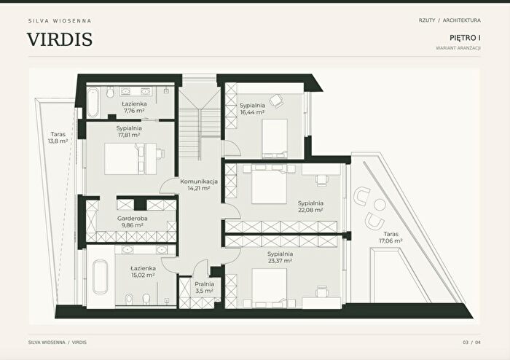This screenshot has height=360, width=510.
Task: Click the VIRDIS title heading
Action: [60, 39]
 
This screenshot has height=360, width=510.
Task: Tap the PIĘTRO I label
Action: [465, 38]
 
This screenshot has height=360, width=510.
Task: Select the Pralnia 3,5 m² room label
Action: [204, 287]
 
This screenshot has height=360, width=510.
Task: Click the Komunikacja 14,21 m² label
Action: [199, 184]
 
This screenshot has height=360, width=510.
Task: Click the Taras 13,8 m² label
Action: [58, 138]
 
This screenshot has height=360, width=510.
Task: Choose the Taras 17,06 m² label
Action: [391, 238]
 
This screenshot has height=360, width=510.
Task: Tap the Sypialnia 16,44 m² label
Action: [252, 109]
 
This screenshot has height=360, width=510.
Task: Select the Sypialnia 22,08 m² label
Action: [310, 206]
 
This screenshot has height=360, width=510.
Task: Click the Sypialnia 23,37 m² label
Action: [280, 257]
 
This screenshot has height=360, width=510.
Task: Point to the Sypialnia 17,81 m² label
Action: [129, 131]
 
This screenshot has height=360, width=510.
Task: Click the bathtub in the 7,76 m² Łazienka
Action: [93, 103]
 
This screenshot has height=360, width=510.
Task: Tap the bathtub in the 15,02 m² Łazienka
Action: [101, 277]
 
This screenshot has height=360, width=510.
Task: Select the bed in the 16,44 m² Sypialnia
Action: [275, 138]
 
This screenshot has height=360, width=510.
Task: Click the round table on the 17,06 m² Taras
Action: [380, 205]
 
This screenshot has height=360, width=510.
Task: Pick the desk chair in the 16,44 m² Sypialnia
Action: [276, 101]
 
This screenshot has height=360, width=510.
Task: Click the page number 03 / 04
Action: [471, 343]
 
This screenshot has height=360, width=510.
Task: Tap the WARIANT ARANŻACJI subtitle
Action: [458, 48]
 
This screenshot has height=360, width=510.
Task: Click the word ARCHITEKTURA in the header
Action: [461, 20]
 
